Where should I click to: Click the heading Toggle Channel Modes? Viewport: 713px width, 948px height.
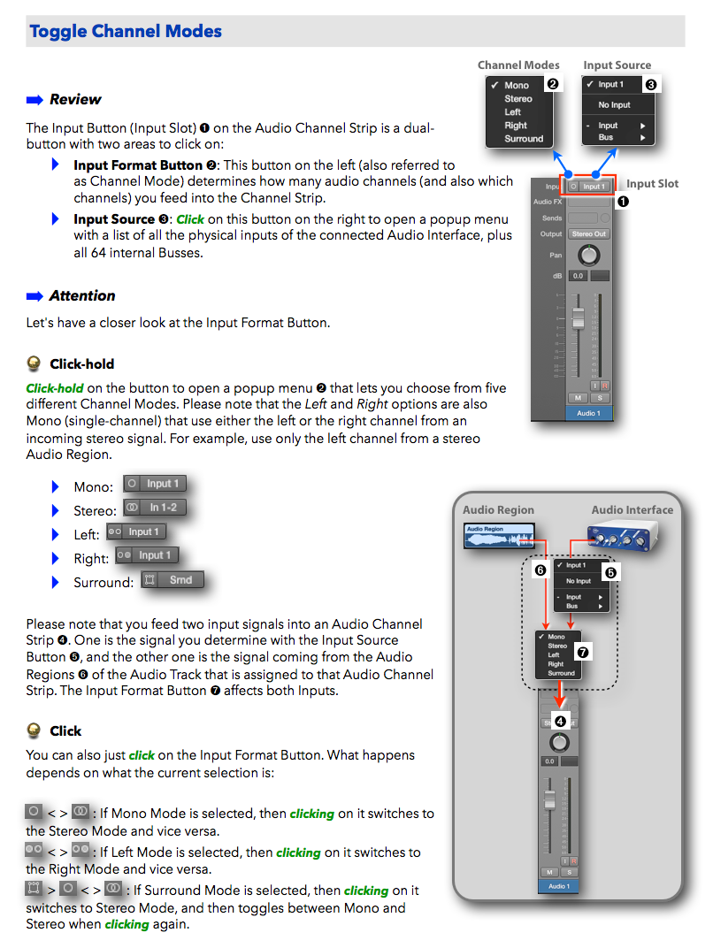(x=126, y=32)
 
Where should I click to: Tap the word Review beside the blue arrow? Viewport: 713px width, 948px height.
(x=75, y=99)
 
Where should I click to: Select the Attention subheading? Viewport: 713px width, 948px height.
(x=82, y=295)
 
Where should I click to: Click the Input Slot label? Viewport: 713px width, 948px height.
(x=653, y=183)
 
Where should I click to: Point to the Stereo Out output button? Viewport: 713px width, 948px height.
(x=588, y=233)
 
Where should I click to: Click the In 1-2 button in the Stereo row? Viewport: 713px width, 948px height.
(x=155, y=508)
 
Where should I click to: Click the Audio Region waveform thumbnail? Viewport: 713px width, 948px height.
(x=498, y=536)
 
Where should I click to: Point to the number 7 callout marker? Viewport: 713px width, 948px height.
(x=582, y=652)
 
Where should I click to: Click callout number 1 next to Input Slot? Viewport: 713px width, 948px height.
(x=623, y=202)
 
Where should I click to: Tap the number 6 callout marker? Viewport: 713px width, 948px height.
(x=540, y=571)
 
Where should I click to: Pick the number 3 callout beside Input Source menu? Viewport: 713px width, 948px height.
(x=651, y=85)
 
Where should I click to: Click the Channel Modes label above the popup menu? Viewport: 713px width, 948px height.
(x=518, y=65)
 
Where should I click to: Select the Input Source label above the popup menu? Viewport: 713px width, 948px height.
(x=617, y=65)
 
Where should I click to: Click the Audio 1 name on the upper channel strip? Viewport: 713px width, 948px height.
(x=588, y=413)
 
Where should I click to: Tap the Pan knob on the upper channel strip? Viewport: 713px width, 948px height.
(x=588, y=256)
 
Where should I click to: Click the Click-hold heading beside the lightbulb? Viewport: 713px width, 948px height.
(x=81, y=363)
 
